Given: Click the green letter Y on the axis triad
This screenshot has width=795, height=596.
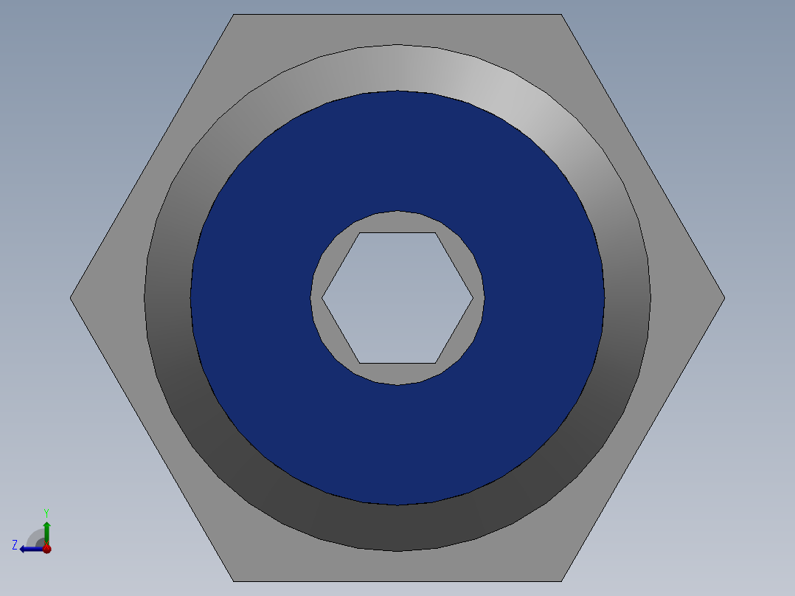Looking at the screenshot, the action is (46, 513).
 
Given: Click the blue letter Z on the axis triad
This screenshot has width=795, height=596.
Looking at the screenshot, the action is (15, 545).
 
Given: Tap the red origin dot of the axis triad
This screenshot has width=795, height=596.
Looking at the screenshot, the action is (47, 549).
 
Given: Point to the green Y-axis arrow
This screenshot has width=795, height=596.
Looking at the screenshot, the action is (46, 533).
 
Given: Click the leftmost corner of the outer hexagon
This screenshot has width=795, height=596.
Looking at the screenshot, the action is (70, 298).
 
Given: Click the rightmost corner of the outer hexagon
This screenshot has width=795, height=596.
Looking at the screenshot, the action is (725, 298).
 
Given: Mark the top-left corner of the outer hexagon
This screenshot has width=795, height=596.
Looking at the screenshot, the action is (234, 14).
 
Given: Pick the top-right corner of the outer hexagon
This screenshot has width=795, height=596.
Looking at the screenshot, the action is (561, 14).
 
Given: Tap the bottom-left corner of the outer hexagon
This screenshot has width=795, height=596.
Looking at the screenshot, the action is (234, 581).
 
